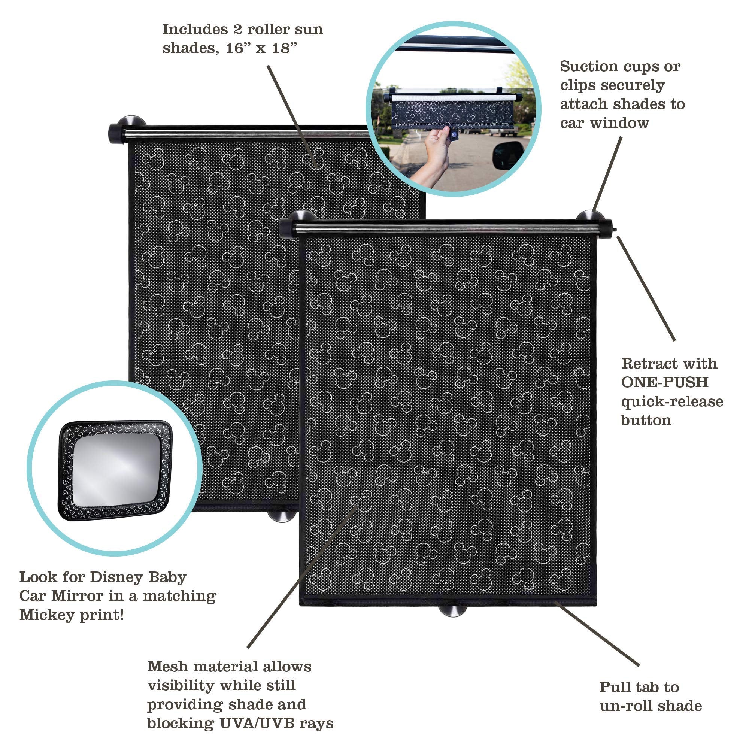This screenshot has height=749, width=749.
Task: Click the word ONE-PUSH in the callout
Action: (665, 382)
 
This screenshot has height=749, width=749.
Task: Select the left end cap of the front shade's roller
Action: (287, 228)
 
